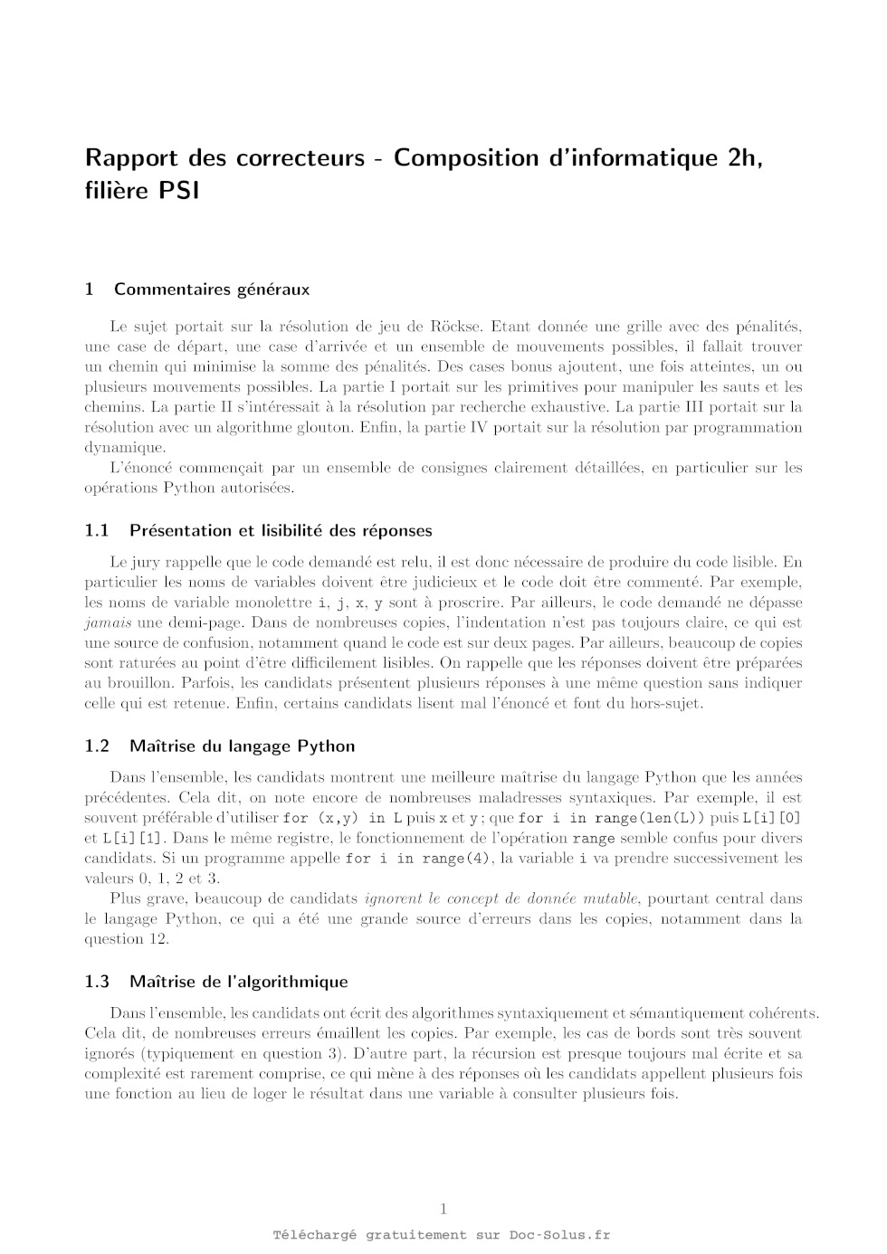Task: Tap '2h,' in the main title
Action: [746, 157]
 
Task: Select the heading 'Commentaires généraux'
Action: [211, 290]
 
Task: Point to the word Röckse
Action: [463, 327]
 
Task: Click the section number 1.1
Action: [97, 530]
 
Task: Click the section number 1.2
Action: [97, 746]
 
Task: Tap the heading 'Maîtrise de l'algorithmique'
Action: [238, 982]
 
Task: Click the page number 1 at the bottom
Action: [443, 1209]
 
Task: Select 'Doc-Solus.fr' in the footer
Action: [559, 1235]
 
